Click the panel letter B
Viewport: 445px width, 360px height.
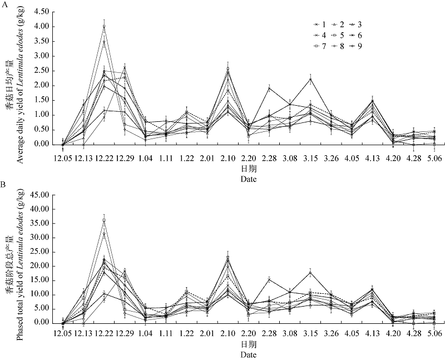4,183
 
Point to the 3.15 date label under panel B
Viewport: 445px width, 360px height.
310,333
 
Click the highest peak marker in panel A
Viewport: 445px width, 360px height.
104,27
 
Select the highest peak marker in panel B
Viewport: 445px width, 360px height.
104,220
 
